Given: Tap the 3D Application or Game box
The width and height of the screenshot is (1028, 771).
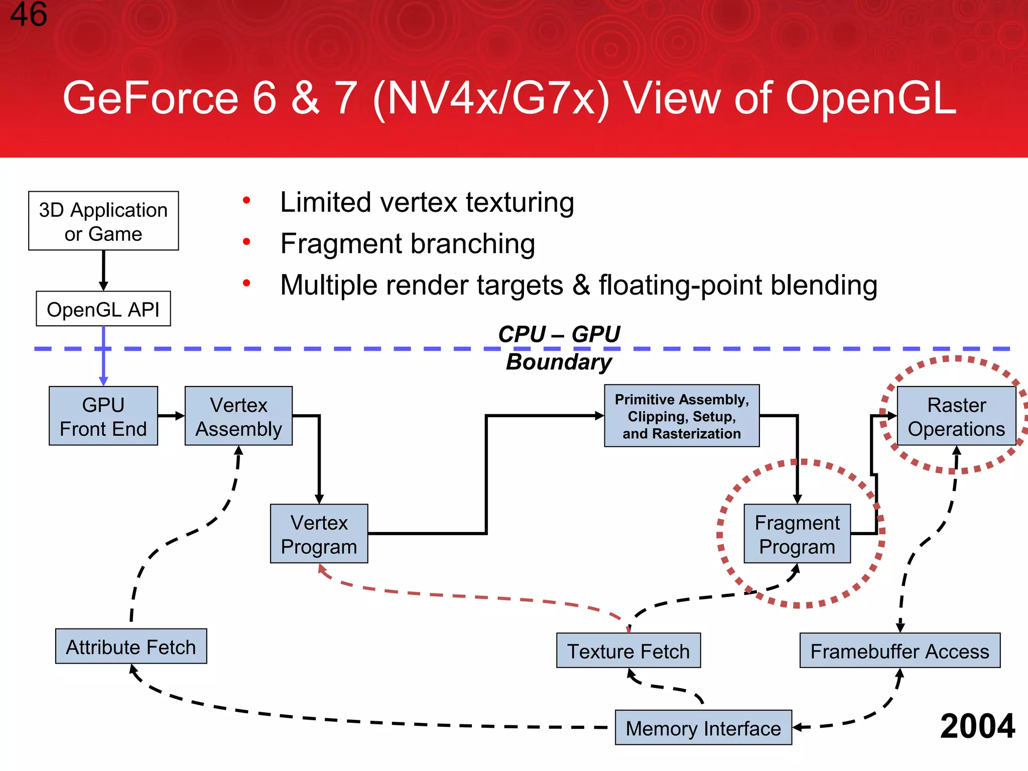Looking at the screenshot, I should point(103,221).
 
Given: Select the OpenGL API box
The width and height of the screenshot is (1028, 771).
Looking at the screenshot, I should point(103,309).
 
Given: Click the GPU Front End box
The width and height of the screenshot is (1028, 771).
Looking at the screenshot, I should point(103,416).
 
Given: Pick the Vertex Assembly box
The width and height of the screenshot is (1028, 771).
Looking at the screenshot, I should point(238,416).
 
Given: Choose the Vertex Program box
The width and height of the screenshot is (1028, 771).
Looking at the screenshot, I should point(319,534).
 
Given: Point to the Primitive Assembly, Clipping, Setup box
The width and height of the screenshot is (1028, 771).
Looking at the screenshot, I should point(682,416).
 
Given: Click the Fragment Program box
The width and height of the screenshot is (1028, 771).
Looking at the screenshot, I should point(797,534).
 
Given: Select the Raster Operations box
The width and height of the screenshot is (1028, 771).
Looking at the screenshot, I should point(956,416).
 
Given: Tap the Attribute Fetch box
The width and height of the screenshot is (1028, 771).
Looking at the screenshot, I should point(131,647).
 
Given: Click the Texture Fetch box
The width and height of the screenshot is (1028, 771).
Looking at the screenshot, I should point(628,651).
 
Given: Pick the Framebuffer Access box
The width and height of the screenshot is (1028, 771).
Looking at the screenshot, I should point(899,651).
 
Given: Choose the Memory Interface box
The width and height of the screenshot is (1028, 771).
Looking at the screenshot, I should point(703,728).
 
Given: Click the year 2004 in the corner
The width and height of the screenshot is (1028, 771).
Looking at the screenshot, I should point(977,726).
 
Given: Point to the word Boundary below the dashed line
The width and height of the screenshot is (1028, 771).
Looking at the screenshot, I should point(559,362).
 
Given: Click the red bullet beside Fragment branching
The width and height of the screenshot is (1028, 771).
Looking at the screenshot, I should point(246,242).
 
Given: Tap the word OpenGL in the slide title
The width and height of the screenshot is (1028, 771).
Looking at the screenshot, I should point(871,98).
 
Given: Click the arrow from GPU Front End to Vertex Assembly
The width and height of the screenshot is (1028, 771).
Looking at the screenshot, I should point(171,416).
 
